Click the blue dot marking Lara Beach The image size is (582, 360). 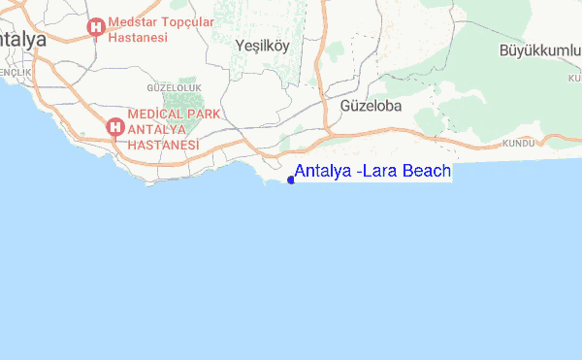291,179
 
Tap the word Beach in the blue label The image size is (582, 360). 424,172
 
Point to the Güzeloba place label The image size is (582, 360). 371,105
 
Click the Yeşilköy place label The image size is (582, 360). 262,45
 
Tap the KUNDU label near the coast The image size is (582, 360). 519,145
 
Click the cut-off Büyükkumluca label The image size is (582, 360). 538,49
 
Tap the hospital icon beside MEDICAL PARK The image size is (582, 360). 114,126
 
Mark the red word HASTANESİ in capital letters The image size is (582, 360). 166,145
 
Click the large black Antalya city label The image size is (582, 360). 24,41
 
